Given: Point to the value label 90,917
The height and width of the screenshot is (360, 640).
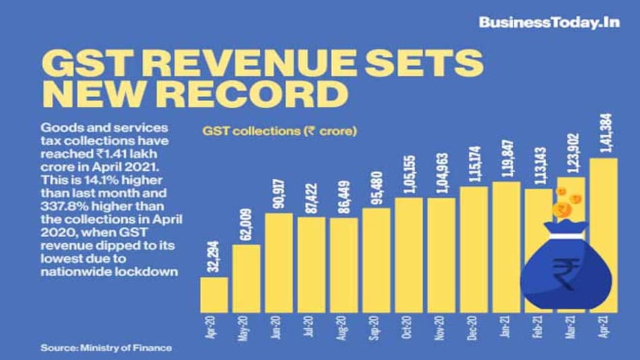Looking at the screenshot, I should (279, 194).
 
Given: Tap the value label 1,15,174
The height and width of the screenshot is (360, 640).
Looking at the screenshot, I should (474, 164).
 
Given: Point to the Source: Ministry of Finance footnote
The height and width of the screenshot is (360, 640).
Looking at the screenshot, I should (107, 348).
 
